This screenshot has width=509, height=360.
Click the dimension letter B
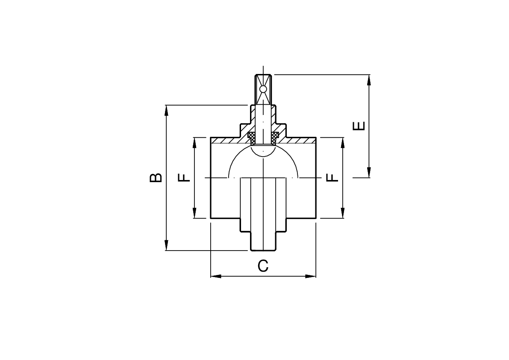(x=156, y=177)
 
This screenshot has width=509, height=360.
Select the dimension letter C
(x=263, y=266)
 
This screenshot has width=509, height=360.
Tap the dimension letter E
(x=359, y=126)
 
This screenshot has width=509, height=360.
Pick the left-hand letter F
(x=184, y=177)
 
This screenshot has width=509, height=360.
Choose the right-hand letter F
(x=332, y=177)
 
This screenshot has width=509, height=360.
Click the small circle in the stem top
(x=263, y=89)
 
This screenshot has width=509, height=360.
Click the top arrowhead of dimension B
(x=167, y=110)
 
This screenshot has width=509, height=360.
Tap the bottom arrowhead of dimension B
(x=167, y=245)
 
